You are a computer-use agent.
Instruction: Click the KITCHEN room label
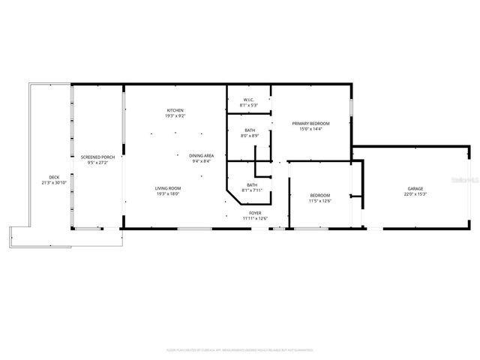(175, 111)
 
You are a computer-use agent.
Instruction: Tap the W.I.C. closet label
(249, 100)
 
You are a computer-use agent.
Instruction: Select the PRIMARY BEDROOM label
(310, 123)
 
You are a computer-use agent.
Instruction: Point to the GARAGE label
(415, 188)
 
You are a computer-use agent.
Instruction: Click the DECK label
(54, 177)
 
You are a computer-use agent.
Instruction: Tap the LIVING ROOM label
(167, 188)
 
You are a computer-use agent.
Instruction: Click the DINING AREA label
(201, 155)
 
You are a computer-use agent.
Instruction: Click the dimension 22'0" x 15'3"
(415, 194)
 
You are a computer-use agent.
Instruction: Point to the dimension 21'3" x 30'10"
(54, 183)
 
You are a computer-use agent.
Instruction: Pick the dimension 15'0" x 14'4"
(310, 129)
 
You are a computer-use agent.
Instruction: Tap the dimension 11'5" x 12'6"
(320, 201)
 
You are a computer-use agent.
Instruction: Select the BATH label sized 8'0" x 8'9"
(249, 130)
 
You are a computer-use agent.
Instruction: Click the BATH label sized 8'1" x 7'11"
(252, 184)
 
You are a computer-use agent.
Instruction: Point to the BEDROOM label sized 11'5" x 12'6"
(320, 195)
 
